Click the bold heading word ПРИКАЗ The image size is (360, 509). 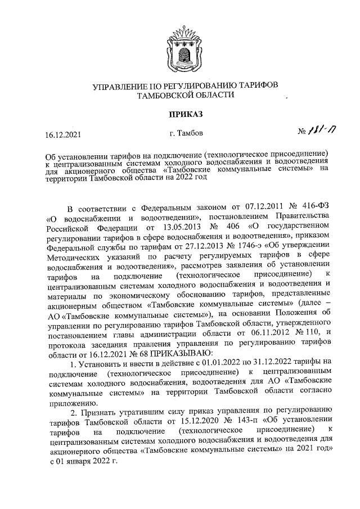tap(180, 115)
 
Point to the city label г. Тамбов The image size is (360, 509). tap(182, 133)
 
